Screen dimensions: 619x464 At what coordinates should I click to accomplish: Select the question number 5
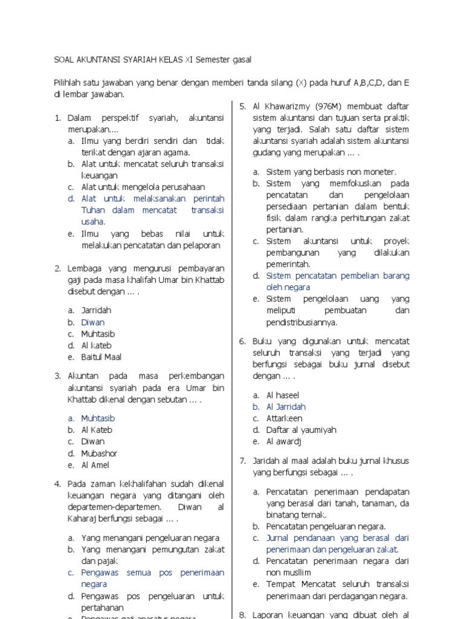click(242, 106)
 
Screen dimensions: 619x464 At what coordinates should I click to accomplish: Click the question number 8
click(242, 614)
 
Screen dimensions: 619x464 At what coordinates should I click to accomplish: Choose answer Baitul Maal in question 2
click(101, 357)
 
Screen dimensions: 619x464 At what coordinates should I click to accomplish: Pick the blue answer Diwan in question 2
click(93, 322)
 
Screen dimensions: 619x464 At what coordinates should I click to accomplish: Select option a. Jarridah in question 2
click(97, 310)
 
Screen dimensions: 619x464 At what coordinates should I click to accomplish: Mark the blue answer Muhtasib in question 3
click(98, 418)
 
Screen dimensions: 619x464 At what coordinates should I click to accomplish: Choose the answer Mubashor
click(100, 453)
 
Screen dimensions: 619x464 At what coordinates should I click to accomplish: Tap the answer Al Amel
click(95, 465)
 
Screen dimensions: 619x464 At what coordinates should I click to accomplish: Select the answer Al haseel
click(283, 395)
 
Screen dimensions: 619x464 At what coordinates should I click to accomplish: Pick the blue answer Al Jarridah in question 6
click(286, 407)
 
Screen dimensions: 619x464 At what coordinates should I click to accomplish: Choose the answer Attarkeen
click(285, 418)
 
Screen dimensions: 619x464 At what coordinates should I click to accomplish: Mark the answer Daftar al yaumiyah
click(301, 430)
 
